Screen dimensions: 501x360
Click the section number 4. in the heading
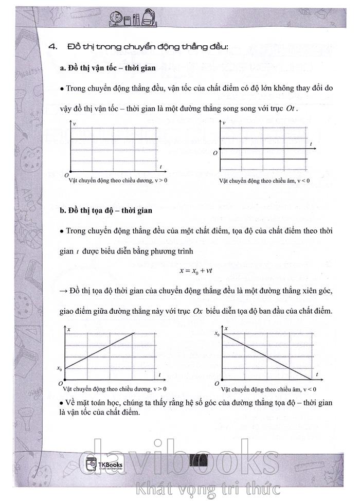tap(51, 47)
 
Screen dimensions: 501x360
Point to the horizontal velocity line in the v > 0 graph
tap(113, 139)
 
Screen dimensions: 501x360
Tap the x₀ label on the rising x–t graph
tap(60, 368)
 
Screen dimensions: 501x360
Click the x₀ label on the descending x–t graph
tap(217, 334)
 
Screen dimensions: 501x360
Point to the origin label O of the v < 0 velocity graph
tap(215, 153)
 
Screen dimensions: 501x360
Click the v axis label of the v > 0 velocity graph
tap(75, 125)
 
